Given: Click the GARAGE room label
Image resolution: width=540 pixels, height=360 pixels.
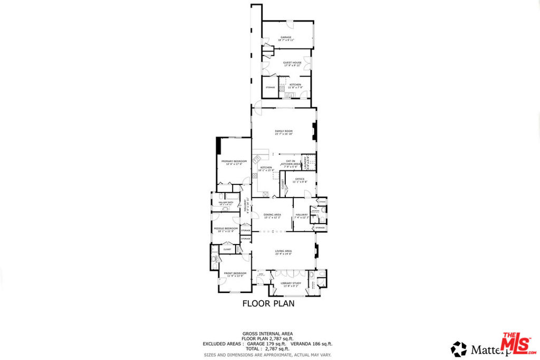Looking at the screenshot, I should pyautogui.click(x=286, y=37).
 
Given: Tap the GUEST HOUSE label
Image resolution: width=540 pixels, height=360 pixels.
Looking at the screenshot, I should pyautogui.click(x=292, y=63).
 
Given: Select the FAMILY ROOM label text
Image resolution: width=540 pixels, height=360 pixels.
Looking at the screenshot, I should pyautogui.click(x=283, y=131).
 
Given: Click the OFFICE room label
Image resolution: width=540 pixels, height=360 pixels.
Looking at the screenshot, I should pyautogui.click(x=300, y=179).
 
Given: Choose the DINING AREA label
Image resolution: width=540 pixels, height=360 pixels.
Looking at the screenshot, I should pyautogui.click(x=272, y=215).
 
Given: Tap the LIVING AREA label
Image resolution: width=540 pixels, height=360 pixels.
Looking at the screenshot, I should pyautogui.click(x=283, y=251).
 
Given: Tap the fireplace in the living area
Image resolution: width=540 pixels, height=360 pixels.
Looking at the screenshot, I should pyautogui.click(x=315, y=251).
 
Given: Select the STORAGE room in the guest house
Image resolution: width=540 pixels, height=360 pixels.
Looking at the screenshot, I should pyautogui.click(x=270, y=87).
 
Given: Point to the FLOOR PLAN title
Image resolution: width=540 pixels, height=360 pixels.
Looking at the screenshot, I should pyautogui.click(x=268, y=303).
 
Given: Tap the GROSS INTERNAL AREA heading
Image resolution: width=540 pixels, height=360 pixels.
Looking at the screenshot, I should pyautogui.click(x=268, y=334).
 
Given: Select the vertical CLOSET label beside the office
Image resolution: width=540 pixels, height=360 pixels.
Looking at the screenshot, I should pyautogui.click(x=283, y=184).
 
